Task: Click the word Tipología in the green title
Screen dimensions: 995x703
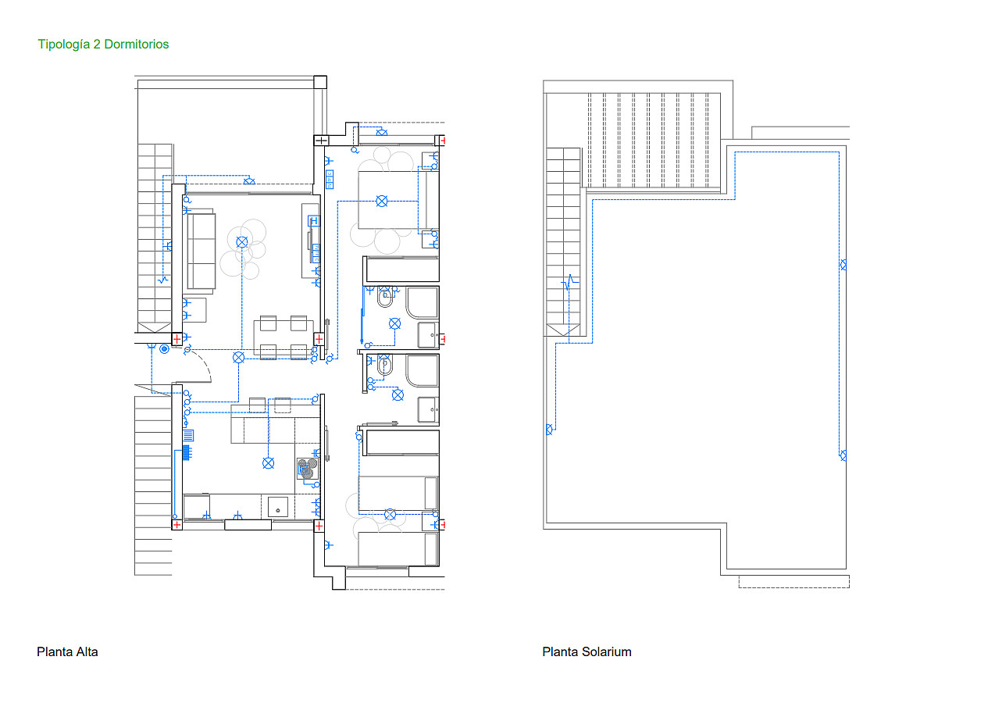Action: point(64,45)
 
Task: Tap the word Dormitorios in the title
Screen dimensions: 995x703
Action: point(137,44)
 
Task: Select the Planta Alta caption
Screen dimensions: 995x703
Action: point(67,652)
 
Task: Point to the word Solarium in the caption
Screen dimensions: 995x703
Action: point(606,652)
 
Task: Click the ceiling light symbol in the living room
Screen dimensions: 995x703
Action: point(241,242)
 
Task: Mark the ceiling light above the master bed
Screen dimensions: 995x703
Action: point(382,202)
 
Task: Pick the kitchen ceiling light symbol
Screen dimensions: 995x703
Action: point(269,463)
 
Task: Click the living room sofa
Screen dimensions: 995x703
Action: point(201,252)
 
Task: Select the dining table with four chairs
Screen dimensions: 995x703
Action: point(284,337)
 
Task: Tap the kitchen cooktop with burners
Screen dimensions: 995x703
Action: point(308,469)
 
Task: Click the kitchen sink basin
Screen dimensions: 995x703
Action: point(278,507)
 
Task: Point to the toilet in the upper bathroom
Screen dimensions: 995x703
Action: point(385,298)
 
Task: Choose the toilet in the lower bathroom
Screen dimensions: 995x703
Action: point(385,366)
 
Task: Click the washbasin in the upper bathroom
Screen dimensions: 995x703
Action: point(428,335)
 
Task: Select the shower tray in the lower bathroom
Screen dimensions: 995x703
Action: point(422,370)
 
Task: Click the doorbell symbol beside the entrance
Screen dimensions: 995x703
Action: point(164,349)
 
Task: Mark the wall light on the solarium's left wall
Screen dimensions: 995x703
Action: point(550,430)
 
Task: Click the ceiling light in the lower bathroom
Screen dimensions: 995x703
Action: point(398,394)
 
